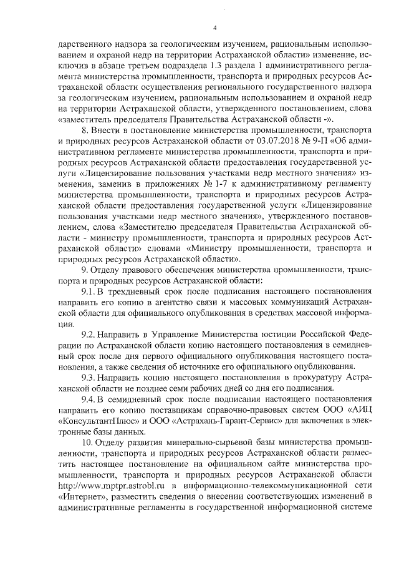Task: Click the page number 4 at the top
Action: [214, 27]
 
